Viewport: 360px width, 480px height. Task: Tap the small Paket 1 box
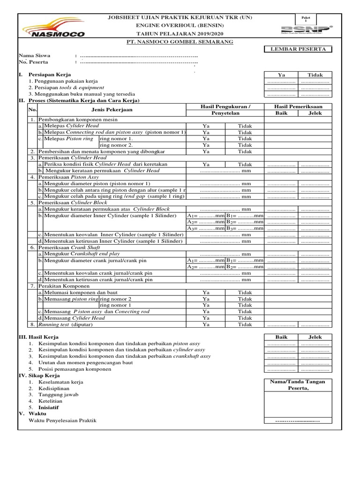[307, 19]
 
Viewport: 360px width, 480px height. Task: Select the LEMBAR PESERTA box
[298, 49]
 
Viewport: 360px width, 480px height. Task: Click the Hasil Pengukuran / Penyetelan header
[225, 110]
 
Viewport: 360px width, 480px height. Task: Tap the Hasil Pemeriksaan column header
[298, 107]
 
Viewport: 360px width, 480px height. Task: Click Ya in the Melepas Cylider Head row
[206, 126]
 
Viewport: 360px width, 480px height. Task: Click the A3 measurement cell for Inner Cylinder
[206, 228]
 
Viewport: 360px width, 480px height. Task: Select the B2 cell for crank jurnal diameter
[244, 267]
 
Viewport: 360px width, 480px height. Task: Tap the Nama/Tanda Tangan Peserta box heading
[298, 385]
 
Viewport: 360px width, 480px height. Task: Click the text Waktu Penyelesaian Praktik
[62, 420]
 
